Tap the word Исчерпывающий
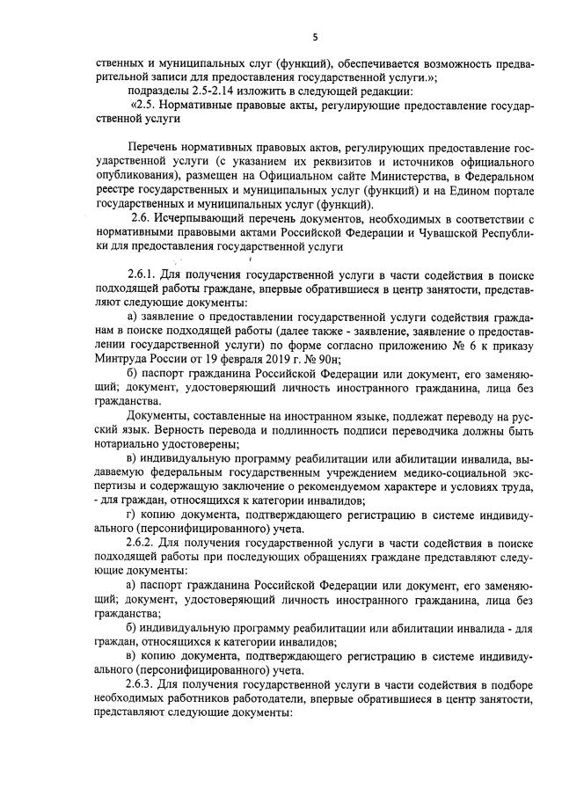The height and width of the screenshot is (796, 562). pyautogui.click(x=201, y=216)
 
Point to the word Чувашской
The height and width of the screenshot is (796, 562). pyautogui.click(x=432, y=231)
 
